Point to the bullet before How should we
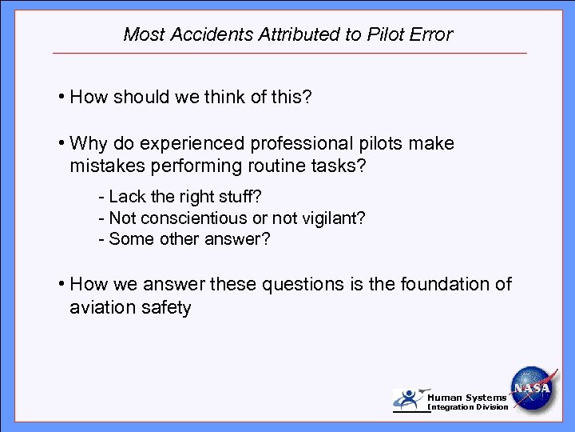coord(61,98)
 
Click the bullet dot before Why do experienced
coord(61,144)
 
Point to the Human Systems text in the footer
coord(466,398)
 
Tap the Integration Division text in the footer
coord(468,407)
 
